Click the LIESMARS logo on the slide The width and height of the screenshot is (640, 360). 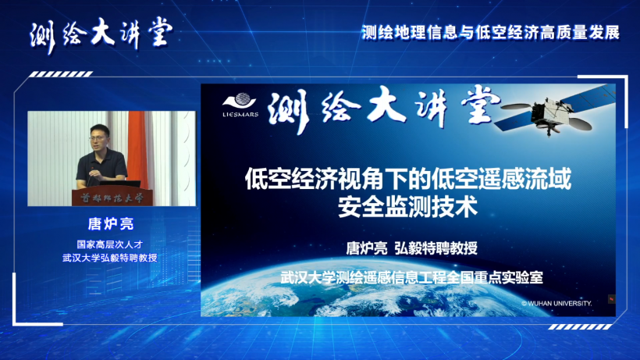click(240, 105)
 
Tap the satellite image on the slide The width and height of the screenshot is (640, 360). click(555, 111)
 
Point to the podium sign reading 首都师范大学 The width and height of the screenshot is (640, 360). click(112, 198)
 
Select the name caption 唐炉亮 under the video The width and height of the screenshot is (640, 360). click(111, 223)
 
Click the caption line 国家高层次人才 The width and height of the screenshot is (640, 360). click(110, 244)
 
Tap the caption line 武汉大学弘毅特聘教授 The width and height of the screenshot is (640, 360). click(110, 258)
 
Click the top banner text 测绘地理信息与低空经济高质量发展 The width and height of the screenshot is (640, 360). click(491, 33)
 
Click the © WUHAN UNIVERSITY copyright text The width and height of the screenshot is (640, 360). click(556, 303)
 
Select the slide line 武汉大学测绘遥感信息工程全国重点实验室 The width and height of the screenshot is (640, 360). click(411, 277)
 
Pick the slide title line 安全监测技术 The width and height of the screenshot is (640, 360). click(407, 207)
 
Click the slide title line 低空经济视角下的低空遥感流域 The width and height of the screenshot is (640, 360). click(407, 179)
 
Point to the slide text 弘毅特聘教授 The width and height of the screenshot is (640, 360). click(436, 248)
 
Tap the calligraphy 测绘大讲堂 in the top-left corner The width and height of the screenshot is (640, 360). click(101, 34)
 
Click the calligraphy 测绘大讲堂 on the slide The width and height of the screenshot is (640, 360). click(384, 109)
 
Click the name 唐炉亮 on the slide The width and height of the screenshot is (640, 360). click(367, 248)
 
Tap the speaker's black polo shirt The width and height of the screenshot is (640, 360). click(102, 164)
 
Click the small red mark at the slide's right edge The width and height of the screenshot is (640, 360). click(611, 299)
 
